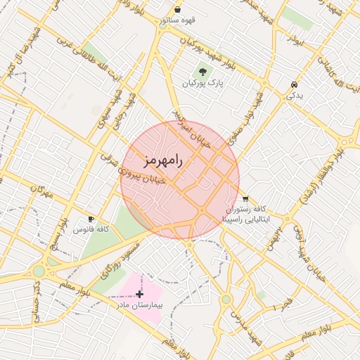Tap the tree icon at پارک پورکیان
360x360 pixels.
tap(202, 71)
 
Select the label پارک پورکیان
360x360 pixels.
tap(202, 83)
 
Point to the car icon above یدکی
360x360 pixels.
tap(292, 84)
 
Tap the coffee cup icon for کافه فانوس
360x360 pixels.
tap(91, 219)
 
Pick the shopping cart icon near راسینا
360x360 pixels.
tap(245, 199)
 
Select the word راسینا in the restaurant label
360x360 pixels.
tap(233, 219)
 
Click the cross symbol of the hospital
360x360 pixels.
tap(139, 293)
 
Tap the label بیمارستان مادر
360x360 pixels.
tap(139, 306)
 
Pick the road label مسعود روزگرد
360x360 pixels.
tap(124, 255)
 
